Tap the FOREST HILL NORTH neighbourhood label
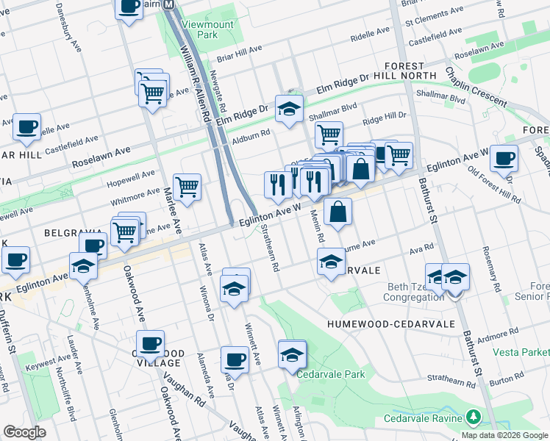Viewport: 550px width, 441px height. [402, 74]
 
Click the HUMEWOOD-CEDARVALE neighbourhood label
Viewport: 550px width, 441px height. [382, 323]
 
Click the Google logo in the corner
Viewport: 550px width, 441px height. [24, 432]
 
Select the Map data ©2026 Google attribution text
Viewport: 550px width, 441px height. [504, 435]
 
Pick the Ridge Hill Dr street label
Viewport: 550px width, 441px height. [384, 117]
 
